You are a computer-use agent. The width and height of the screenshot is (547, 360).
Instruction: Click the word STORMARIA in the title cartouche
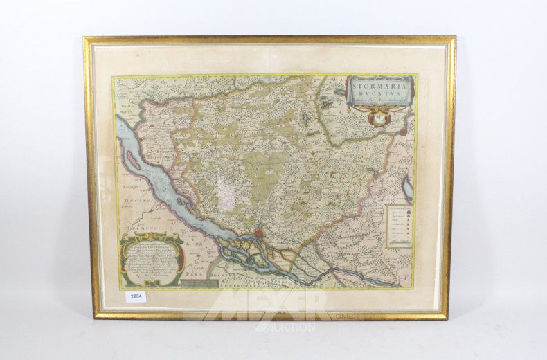pyautogui.click(x=380, y=86)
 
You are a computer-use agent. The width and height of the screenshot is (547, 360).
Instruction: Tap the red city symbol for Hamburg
pyautogui.click(x=258, y=235)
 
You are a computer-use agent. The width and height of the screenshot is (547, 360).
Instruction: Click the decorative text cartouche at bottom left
pyautogui.click(x=151, y=260)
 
